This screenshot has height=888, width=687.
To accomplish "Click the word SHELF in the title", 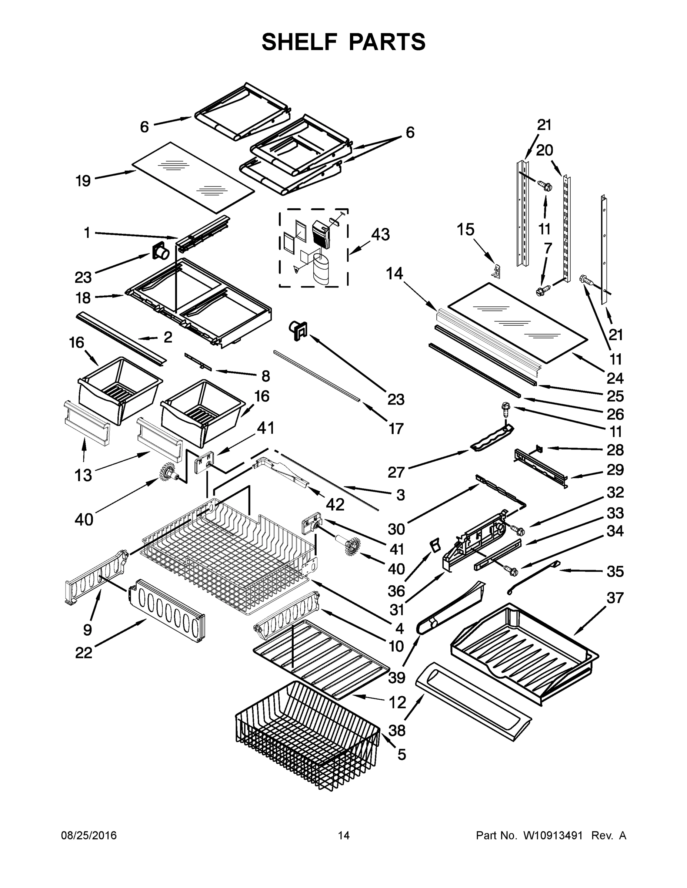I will point(300,42).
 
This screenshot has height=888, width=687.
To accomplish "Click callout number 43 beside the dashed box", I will point(380,235).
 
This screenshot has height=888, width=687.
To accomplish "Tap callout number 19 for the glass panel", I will point(83,181).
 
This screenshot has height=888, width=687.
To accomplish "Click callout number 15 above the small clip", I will point(465,230).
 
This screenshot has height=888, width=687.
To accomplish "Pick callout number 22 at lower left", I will point(83,653).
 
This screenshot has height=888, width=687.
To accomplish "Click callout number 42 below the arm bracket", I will point(335,505).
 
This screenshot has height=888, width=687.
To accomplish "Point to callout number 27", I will point(396,472).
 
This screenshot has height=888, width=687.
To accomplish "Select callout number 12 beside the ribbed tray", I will point(397,702).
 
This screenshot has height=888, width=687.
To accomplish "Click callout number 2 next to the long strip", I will point(168,337).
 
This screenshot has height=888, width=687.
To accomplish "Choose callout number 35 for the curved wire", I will point(615,571).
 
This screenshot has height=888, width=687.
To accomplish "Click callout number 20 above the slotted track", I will point(544,151).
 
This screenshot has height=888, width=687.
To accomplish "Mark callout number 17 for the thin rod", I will point(396,428).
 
